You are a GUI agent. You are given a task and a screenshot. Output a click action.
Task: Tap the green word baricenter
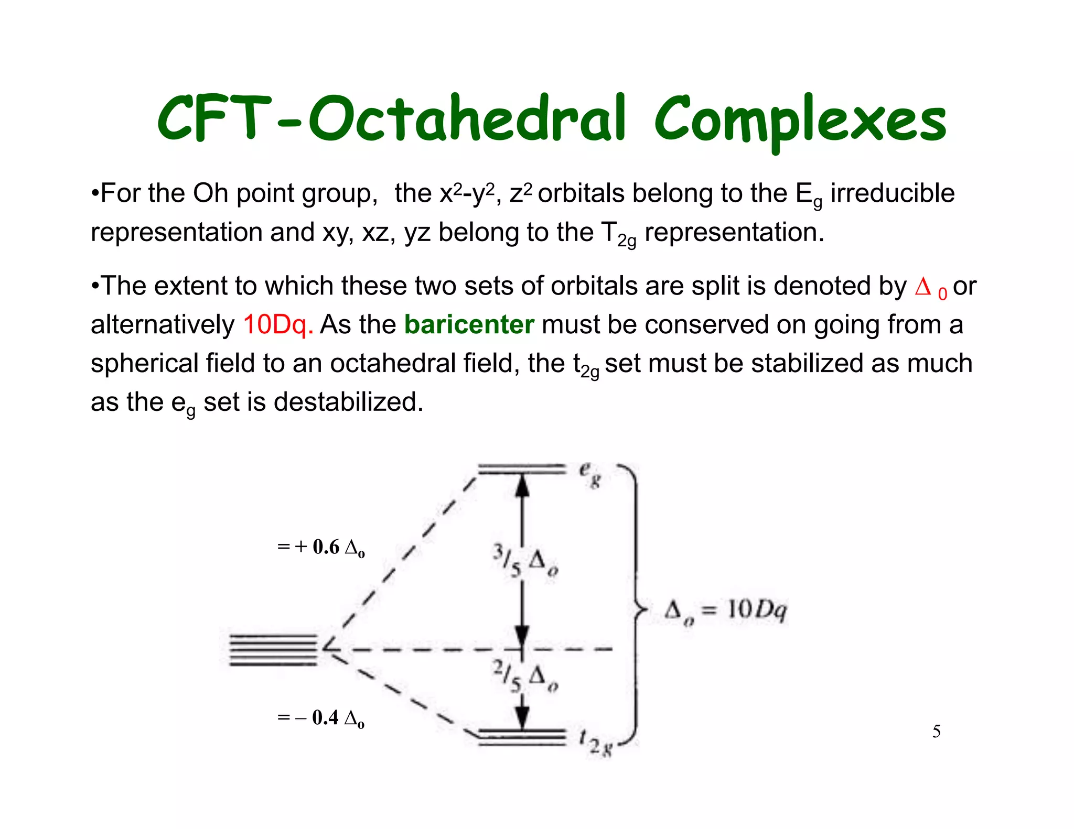click(469, 324)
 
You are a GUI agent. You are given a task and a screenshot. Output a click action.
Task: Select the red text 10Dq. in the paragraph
click(278, 324)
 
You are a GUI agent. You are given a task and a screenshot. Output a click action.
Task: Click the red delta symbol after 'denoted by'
click(923, 287)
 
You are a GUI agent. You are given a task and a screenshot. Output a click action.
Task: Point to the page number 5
click(936, 731)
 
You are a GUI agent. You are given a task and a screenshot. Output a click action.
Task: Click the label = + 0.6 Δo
click(320, 548)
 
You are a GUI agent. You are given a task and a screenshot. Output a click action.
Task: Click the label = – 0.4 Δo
click(320, 718)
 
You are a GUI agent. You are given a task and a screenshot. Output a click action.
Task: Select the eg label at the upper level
click(589, 475)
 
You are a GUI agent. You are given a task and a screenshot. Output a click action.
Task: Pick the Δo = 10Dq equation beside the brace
click(725, 611)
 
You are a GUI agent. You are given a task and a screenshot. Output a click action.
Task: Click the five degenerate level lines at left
click(273, 650)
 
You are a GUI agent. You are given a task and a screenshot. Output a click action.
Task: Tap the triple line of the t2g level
click(522, 737)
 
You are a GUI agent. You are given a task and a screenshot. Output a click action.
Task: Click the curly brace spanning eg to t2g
click(636, 608)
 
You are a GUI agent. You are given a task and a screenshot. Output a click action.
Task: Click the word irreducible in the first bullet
click(893, 193)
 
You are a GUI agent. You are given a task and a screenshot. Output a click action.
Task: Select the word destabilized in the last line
click(348, 402)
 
